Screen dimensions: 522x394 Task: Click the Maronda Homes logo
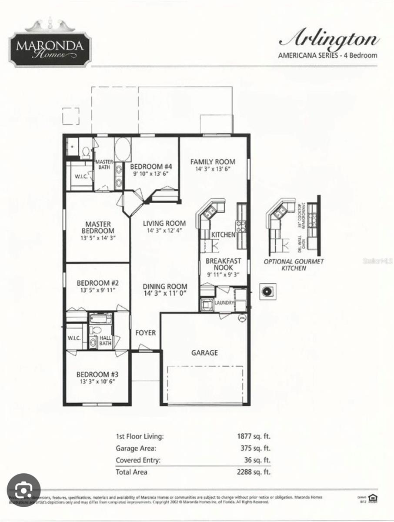(50, 45)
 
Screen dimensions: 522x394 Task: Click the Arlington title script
(329, 39)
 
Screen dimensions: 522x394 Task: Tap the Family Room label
(213, 162)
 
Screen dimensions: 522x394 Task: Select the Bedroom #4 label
(151, 166)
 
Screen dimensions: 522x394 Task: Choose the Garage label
(204, 352)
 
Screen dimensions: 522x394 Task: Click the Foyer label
(145, 333)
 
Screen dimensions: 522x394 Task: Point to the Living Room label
(164, 224)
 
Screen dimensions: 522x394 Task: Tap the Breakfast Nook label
(223, 264)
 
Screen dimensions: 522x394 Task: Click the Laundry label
(224, 303)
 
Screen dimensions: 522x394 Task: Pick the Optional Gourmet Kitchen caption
(294, 264)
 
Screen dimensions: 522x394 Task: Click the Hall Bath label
(106, 341)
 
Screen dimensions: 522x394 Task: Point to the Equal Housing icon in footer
(372, 498)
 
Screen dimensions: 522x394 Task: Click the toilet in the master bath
(86, 152)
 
